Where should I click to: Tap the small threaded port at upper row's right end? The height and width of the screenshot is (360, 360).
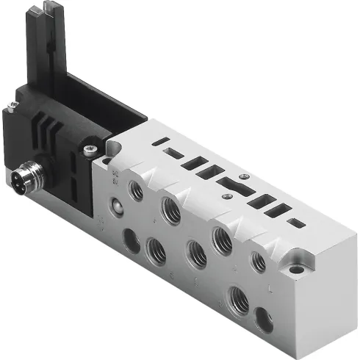(259, 262)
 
